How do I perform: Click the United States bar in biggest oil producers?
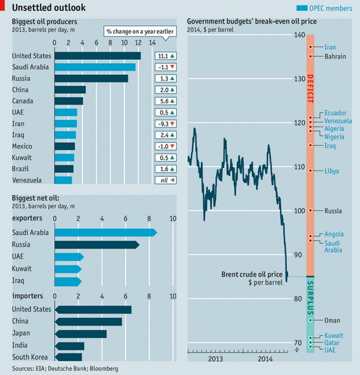(97, 56)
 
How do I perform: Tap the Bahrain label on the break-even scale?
(335, 56)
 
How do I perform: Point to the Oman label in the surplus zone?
(332, 321)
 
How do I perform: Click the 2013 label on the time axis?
(215, 359)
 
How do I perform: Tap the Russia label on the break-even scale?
(333, 211)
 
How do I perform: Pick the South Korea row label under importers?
(30, 358)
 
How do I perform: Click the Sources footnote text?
(65, 369)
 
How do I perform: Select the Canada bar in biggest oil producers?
(69, 101)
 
